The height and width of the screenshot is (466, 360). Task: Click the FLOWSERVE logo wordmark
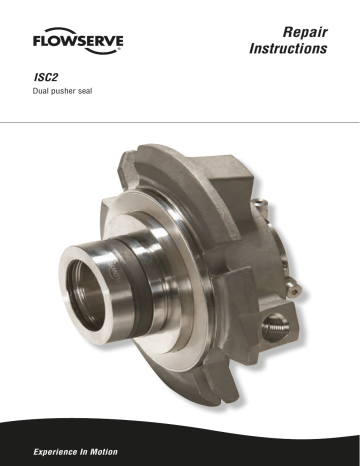click(78, 41)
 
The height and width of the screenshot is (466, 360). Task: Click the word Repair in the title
click(305, 32)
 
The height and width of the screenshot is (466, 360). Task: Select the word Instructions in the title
click(288, 48)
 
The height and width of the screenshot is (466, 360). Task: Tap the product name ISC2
click(46, 77)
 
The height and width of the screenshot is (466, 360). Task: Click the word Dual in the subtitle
click(40, 91)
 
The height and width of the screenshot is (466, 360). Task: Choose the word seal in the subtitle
click(85, 91)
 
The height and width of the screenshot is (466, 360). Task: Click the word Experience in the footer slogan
click(55, 452)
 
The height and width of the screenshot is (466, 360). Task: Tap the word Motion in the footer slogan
click(104, 452)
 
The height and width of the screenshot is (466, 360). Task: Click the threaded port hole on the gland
click(275, 329)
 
